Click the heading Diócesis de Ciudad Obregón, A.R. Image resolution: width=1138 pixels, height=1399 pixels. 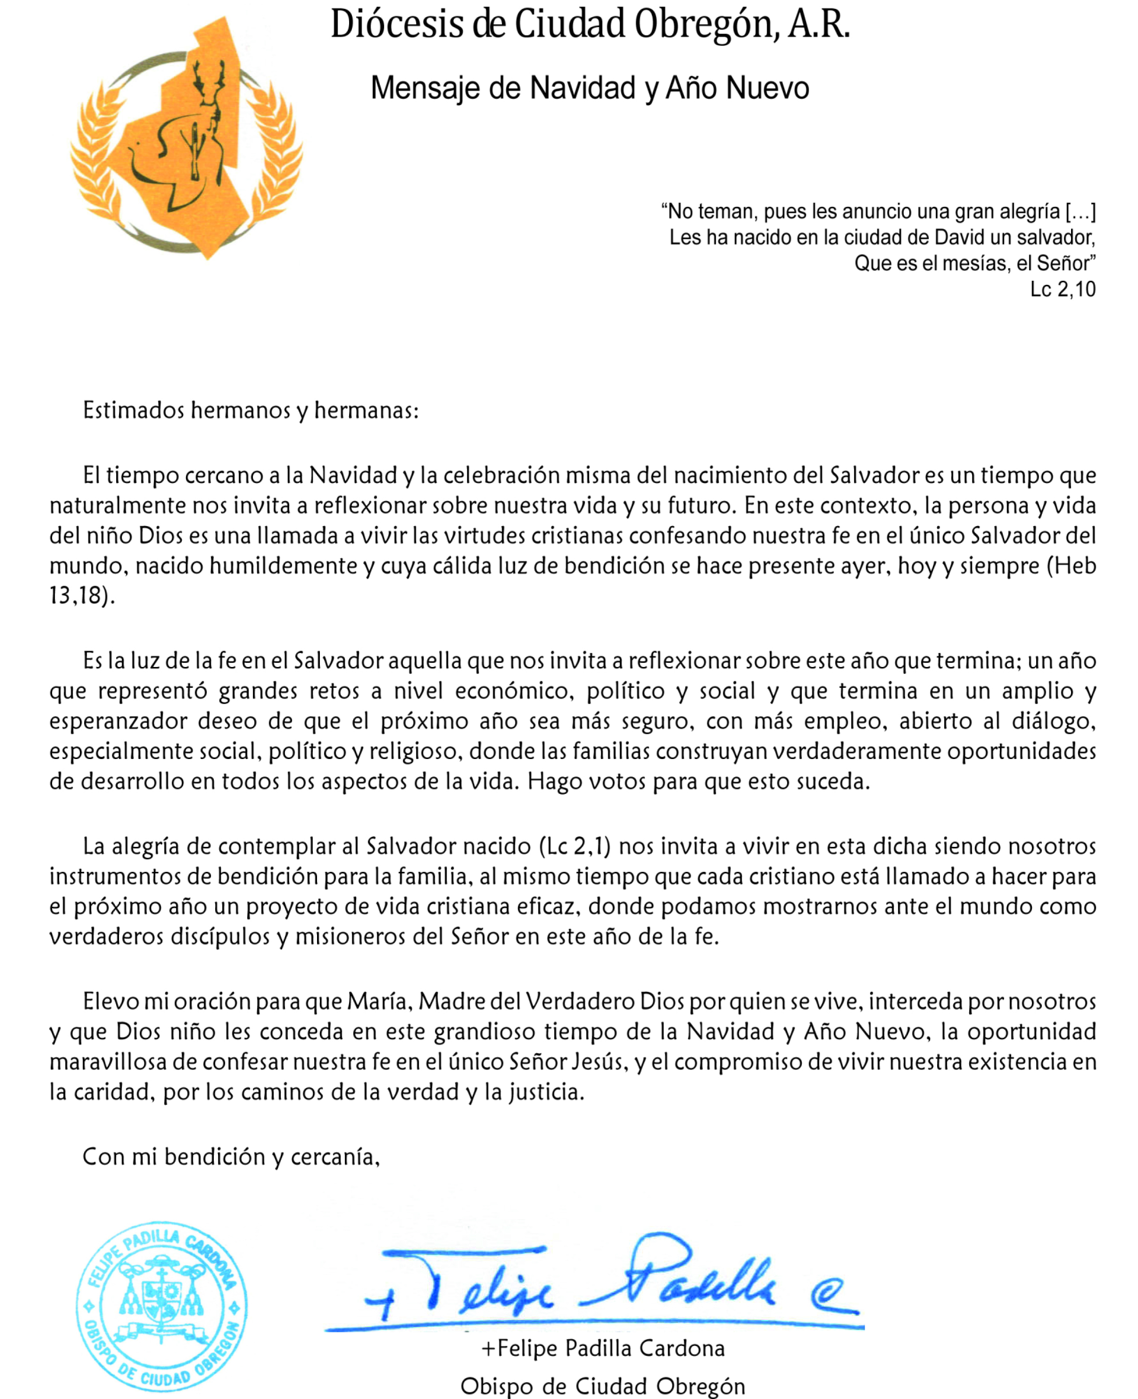(x=589, y=25)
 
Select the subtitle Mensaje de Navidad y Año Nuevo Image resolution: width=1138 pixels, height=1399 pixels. (x=589, y=88)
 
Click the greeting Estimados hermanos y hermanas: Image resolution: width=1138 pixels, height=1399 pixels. (x=251, y=411)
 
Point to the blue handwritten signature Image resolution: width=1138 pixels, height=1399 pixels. (x=590, y=1284)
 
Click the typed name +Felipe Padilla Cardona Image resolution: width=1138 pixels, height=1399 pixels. (x=603, y=1348)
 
